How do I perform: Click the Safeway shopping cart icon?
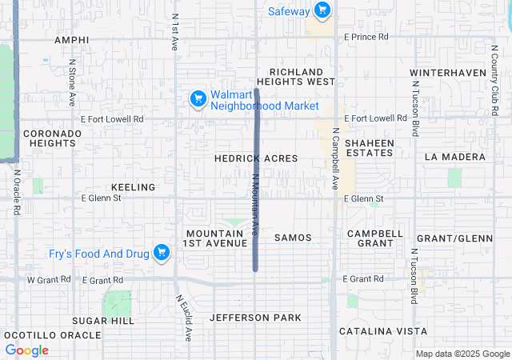322,10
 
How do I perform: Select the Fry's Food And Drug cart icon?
163,254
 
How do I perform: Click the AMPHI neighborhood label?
71,40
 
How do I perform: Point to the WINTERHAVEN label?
448,73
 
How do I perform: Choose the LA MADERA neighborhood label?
455,156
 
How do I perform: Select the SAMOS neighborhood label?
293,238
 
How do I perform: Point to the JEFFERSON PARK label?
256,318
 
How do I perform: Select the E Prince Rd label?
366,37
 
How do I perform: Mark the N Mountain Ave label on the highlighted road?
255,204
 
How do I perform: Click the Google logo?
27,350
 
